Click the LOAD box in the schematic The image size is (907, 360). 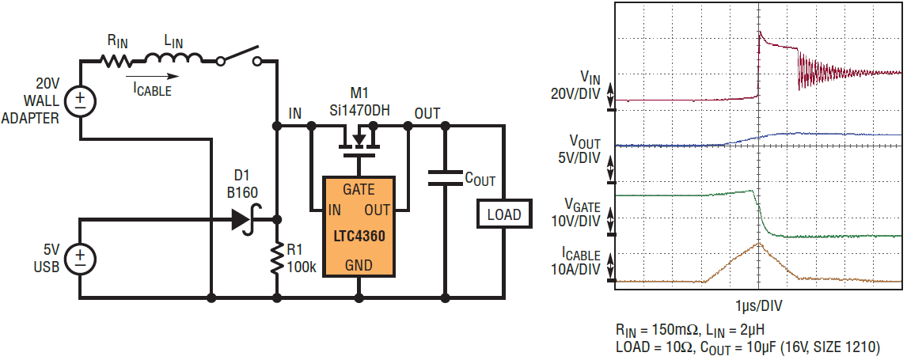coord(503,214)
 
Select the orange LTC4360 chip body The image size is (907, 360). coord(359,227)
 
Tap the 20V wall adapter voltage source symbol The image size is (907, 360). coord(80,101)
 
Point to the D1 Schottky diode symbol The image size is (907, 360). coord(245,220)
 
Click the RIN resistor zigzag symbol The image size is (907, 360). coord(116,60)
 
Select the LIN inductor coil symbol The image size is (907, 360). coord(173,58)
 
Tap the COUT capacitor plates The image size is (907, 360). coord(445,179)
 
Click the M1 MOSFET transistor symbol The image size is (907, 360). coord(359,142)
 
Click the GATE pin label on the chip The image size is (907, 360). coord(359,189)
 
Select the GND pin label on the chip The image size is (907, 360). coord(359,265)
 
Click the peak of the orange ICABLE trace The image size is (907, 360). coord(758,243)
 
